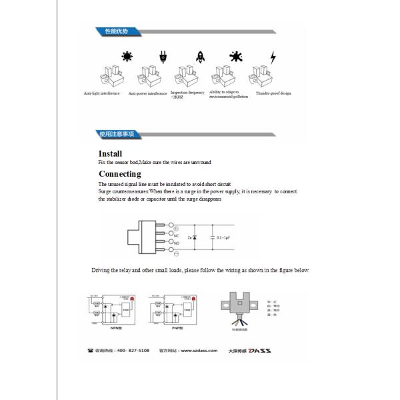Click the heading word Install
110,153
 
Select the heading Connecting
120,174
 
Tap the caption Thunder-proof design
276,93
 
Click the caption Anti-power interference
148,94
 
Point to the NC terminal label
177,235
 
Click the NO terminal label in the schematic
177,244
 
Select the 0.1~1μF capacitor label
224,237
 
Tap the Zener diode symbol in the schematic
195,237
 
